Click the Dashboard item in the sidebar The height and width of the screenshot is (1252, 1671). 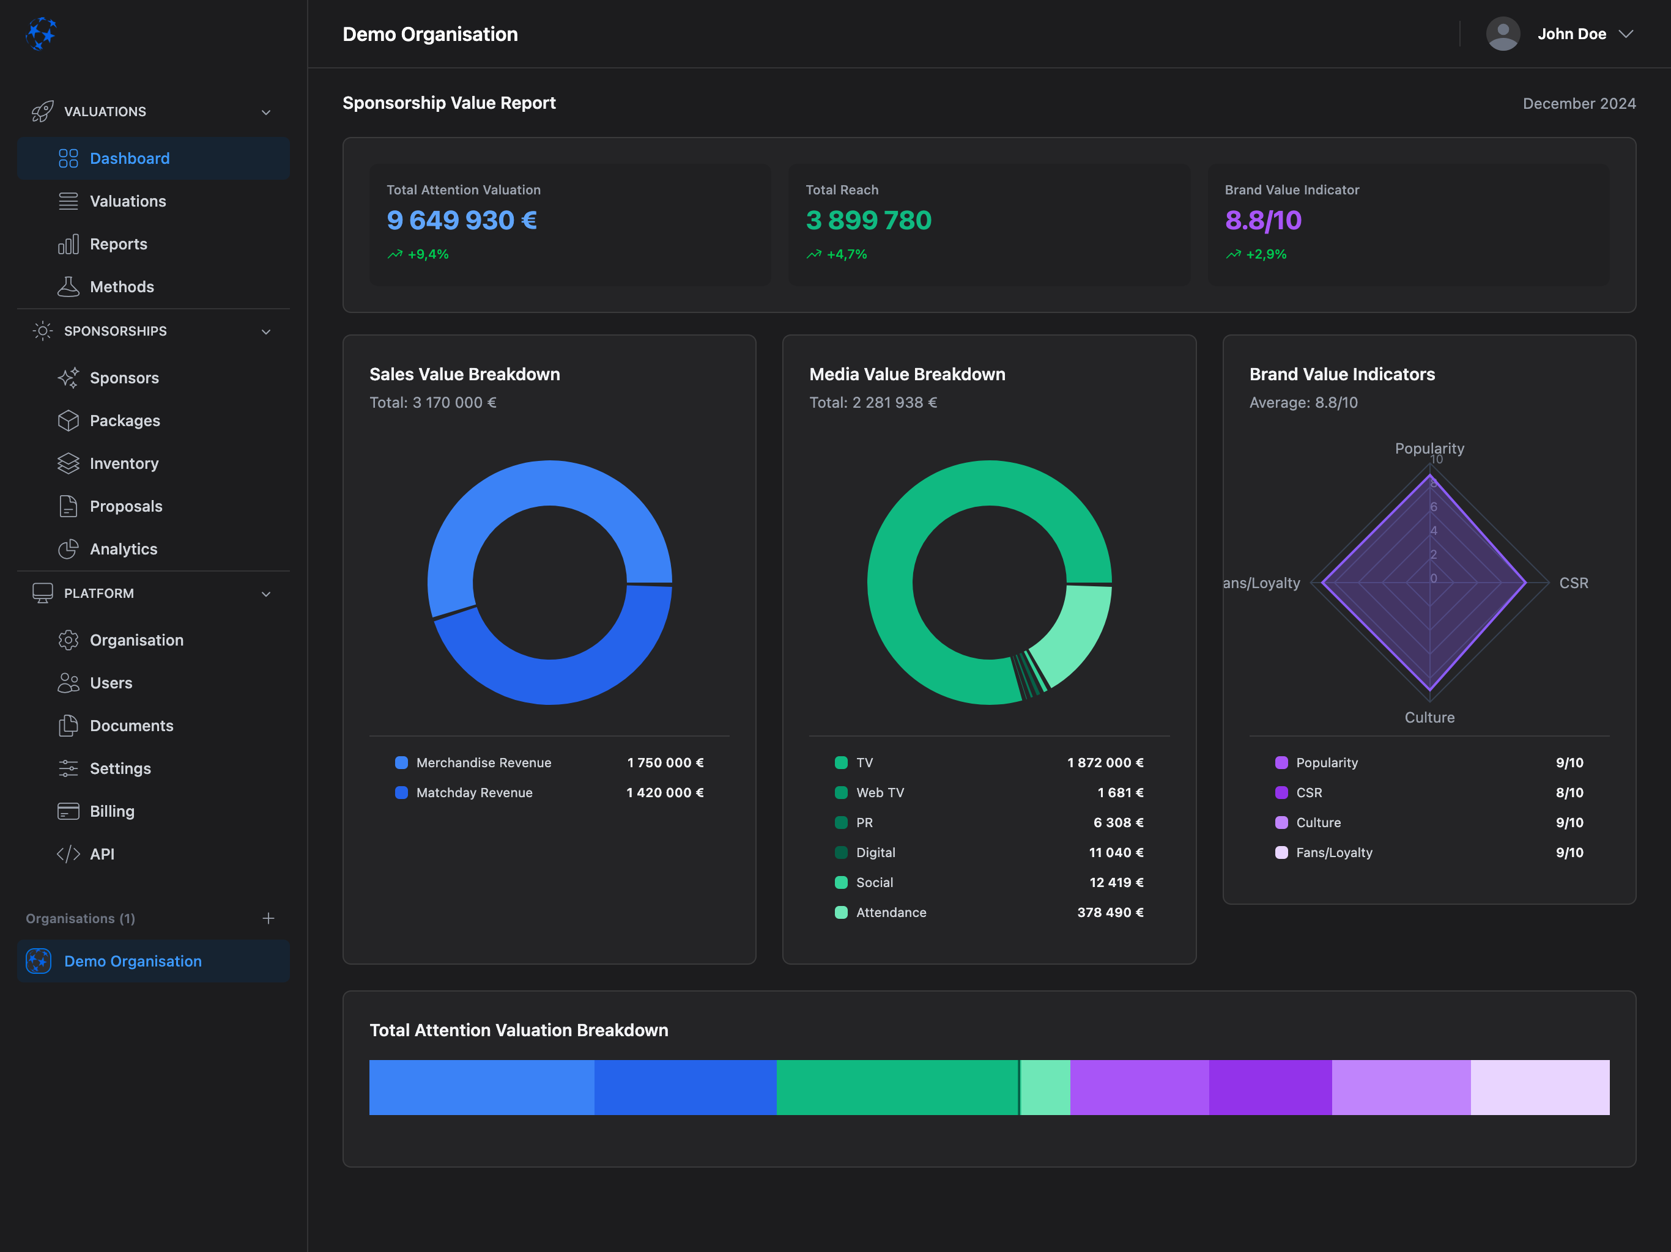pos(129,158)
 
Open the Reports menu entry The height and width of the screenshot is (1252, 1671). pos(118,244)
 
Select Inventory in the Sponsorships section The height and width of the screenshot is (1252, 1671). pos(124,463)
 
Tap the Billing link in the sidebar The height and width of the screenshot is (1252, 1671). pos(112,811)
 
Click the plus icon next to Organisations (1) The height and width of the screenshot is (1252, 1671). pos(268,918)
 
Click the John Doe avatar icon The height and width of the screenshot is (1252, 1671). pos(1503,34)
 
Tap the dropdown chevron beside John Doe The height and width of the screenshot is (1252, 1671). pos(1626,34)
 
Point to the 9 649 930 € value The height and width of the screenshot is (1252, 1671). pos(462,221)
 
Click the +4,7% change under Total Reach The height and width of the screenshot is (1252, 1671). pos(846,254)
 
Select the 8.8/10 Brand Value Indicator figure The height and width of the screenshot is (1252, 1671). pos(1262,221)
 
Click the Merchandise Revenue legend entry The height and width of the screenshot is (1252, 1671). pos(483,763)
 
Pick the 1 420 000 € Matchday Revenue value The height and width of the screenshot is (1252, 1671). pos(665,793)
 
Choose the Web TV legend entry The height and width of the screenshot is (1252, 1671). pos(880,793)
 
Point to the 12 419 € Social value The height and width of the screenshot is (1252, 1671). pos(1116,883)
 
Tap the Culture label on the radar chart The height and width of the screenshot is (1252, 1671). pos(1429,717)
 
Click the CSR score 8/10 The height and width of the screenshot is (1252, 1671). pos(1569,793)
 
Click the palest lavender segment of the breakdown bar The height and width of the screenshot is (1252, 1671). pos(1539,1088)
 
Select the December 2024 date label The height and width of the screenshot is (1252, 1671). pos(1579,103)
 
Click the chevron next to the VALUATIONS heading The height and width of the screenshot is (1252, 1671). pos(266,112)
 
